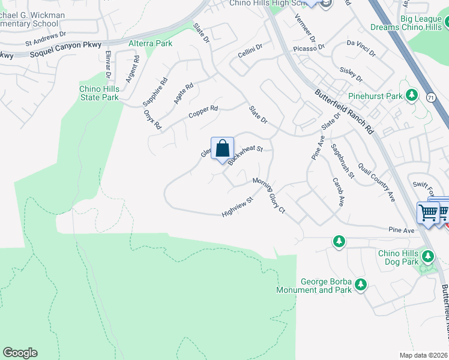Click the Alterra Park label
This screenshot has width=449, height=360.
pyautogui.click(x=151, y=43)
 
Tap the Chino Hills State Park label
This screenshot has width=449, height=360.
pyautogui.click(x=99, y=93)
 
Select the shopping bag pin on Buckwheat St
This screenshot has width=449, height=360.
pyautogui.click(x=222, y=148)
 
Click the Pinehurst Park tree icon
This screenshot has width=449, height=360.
pyautogui.click(x=412, y=95)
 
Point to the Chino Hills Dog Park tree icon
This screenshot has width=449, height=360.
pyautogui.click(x=428, y=257)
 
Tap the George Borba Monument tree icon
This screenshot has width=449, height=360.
pyautogui.click(x=360, y=284)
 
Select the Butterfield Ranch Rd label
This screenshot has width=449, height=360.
pyautogui.click(x=345, y=112)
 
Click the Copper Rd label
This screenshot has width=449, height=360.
pyautogui.click(x=203, y=112)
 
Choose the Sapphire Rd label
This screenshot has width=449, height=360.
pyautogui.click(x=155, y=92)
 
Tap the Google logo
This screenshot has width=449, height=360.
pyautogui.click(x=20, y=353)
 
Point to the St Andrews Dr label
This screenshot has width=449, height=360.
pyautogui.click(x=45, y=43)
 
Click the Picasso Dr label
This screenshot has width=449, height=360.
pyautogui.click(x=308, y=47)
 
